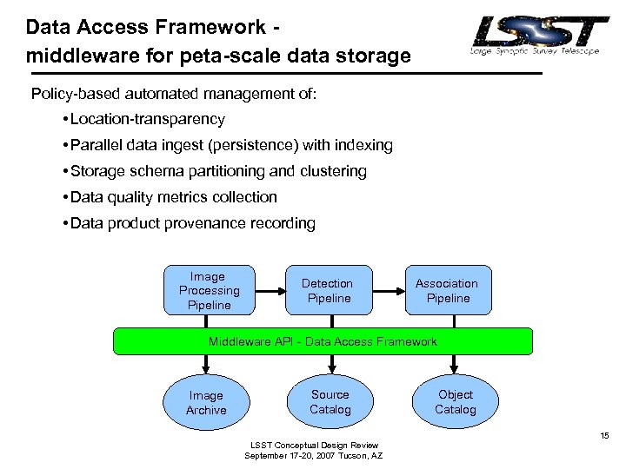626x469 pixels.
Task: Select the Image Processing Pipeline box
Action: [209, 290]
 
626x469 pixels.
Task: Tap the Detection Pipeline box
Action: [327, 290]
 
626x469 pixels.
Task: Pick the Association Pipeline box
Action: [446, 290]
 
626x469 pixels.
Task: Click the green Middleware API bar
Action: [323, 341]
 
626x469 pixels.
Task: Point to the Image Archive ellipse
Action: [206, 402]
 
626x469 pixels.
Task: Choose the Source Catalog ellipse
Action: [330, 401]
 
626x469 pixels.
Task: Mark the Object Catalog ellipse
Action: [455, 401]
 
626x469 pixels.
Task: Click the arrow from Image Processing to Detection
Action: [270, 290]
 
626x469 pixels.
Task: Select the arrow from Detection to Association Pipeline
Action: [390, 290]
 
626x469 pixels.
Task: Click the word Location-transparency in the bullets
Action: [148, 119]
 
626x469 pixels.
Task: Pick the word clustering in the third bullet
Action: [334, 171]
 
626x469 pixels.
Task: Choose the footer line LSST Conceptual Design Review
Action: [313, 446]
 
